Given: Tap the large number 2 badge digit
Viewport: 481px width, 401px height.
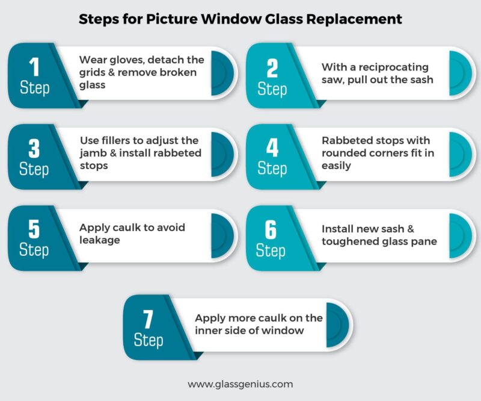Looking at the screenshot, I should (x=272, y=67).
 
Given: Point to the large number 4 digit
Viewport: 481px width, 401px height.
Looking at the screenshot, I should (x=272, y=148).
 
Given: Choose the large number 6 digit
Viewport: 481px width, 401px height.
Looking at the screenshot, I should (x=272, y=229).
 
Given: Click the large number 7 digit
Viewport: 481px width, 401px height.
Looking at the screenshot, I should (x=148, y=319).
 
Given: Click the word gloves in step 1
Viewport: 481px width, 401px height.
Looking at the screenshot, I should (x=124, y=60).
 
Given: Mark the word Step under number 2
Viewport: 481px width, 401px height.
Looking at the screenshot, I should (x=272, y=89).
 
